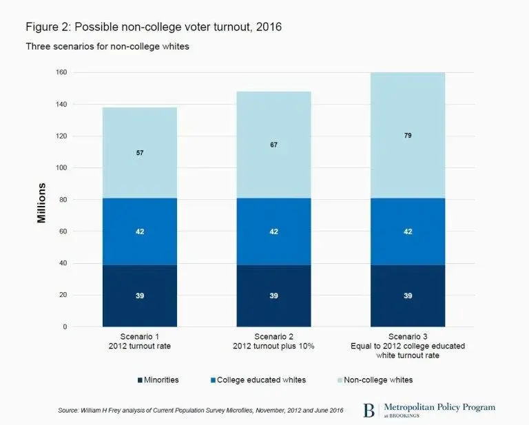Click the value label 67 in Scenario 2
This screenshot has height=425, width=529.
click(x=273, y=145)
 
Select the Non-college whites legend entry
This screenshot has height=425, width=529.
click(x=375, y=380)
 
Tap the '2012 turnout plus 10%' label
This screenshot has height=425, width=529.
click(x=273, y=346)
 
